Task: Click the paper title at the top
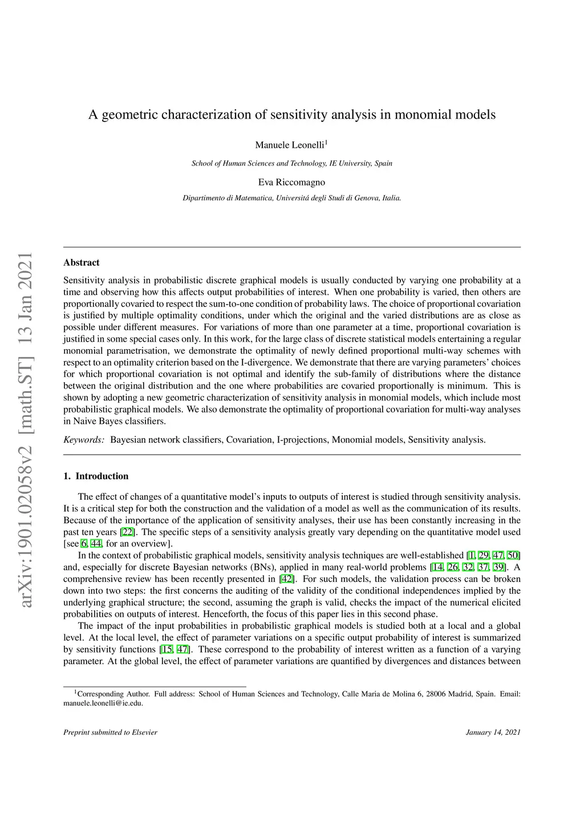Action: [291, 115]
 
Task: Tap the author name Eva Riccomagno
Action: [291, 183]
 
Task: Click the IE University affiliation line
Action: [291, 163]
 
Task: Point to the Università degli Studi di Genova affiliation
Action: [291, 199]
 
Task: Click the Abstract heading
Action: [81, 262]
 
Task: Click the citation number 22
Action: [128, 532]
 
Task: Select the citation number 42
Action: [287, 579]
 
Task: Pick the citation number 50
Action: [513, 556]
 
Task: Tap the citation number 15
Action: [167, 650]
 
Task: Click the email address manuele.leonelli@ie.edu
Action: [103, 703]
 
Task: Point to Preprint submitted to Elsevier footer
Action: [110, 732]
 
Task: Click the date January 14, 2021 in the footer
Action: [493, 732]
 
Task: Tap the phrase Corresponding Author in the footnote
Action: [113, 694]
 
